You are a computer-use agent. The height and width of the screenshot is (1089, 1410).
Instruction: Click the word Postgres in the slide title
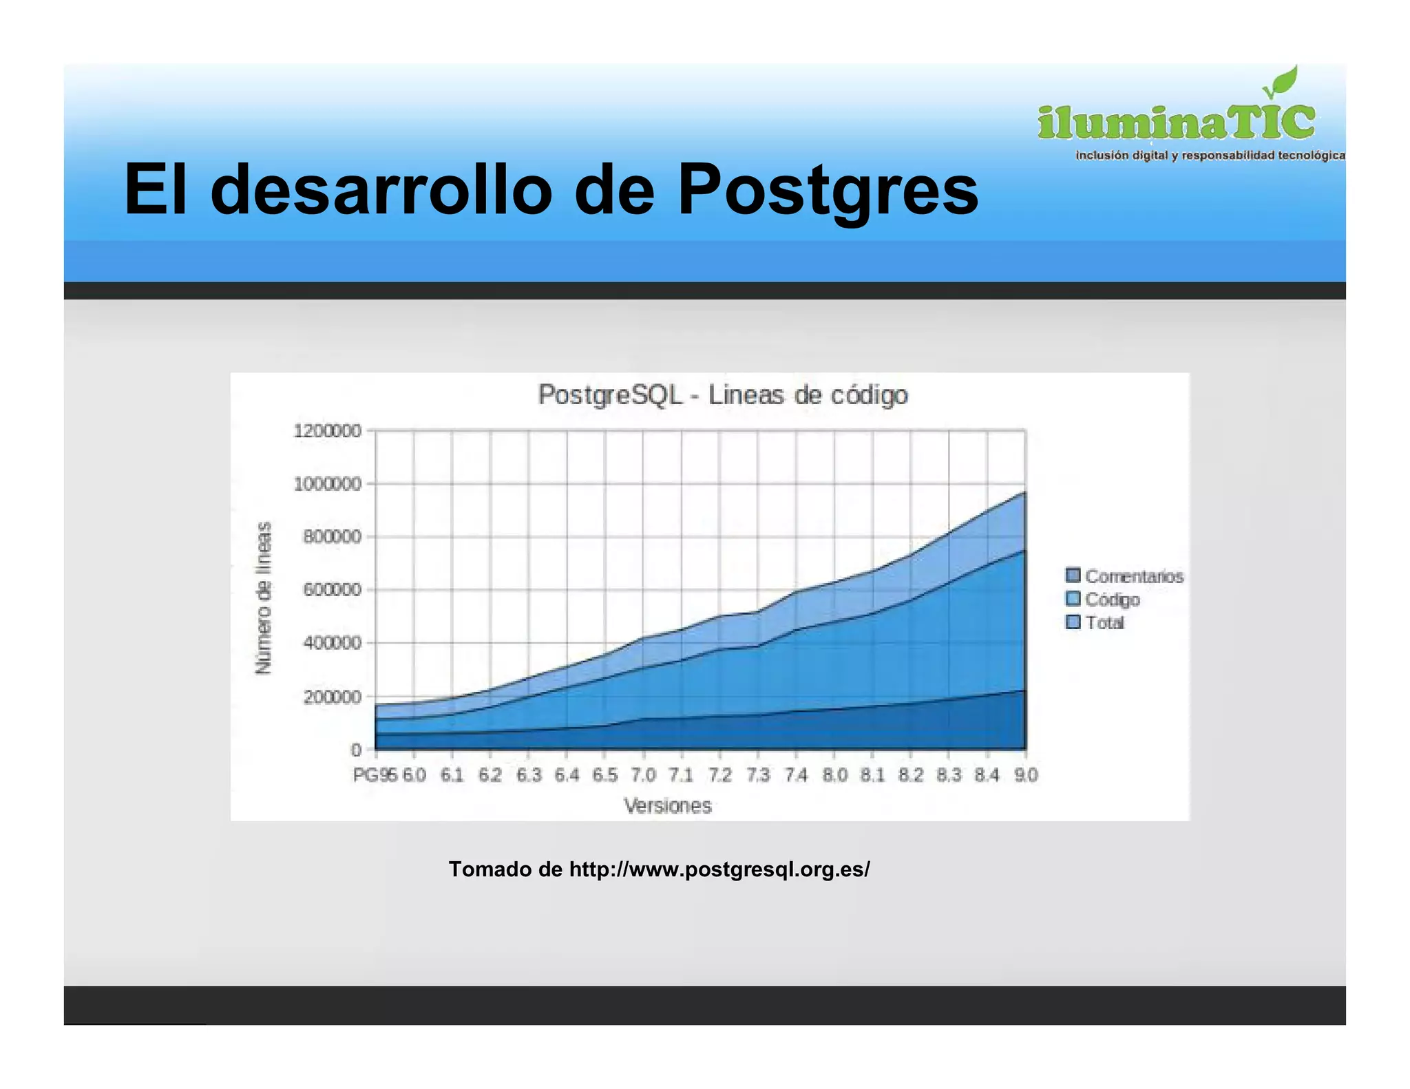[828, 189]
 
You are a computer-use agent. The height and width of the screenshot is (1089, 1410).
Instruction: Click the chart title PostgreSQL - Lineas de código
[723, 395]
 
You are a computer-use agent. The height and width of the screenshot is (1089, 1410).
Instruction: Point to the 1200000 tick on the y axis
[327, 431]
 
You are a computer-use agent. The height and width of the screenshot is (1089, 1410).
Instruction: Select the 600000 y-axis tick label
[332, 590]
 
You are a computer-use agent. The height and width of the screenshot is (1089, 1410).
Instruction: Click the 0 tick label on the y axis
[356, 750]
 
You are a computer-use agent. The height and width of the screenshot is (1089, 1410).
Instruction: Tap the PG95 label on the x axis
[375, 775]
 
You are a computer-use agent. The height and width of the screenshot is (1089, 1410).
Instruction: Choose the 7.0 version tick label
[643, 775]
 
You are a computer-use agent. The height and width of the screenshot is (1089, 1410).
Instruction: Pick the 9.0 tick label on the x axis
[1025, 775]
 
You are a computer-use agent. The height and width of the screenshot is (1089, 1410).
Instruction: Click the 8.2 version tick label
[910, 775]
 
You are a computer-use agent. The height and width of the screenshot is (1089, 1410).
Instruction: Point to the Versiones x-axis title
[667, 805]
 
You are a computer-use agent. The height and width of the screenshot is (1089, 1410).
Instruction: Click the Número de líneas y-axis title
[263, 598]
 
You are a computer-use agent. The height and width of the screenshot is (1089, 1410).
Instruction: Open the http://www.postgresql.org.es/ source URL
[719, 869]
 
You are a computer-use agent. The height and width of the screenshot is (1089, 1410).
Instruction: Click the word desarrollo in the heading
[381, 189]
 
